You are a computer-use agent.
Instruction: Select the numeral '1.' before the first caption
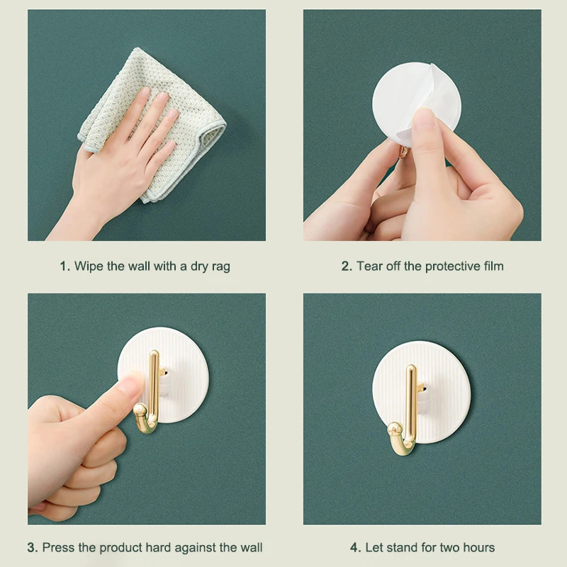click(64, 266)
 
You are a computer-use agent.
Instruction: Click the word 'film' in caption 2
click(493, 266)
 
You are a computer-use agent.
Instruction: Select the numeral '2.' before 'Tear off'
click(347, 266)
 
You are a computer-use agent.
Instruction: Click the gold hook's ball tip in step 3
click(140, 410)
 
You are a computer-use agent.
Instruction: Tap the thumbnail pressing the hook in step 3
click(131, 384)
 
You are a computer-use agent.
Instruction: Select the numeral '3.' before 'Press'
click(32, 547)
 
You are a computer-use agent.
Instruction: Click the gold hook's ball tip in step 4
click(395, 430)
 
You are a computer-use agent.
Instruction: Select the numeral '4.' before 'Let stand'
click(356, 547)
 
